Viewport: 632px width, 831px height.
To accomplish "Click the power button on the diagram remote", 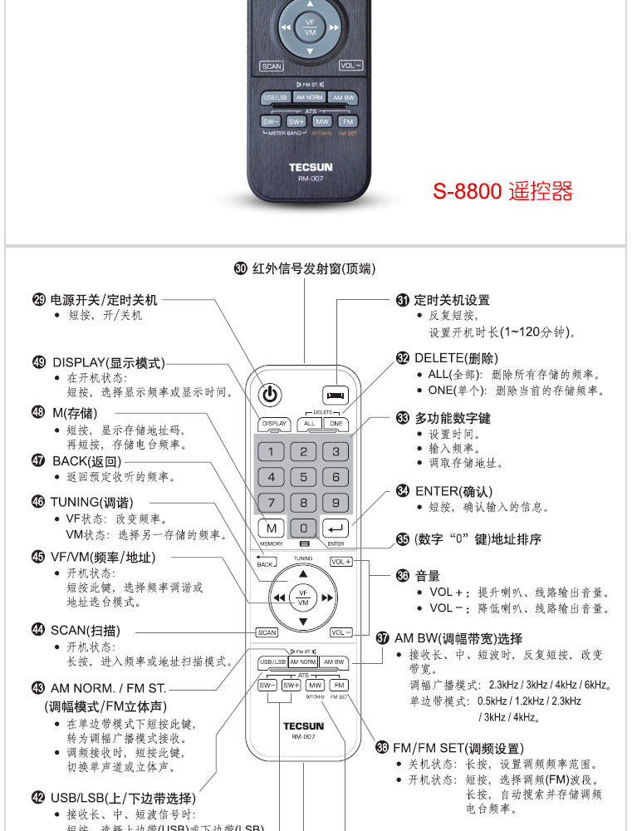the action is [272, 395].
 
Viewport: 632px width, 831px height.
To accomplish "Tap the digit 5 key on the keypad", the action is [303, 477].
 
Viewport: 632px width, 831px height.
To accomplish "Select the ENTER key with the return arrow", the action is [336, 528].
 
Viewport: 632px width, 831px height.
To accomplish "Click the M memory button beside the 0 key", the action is [271, 528].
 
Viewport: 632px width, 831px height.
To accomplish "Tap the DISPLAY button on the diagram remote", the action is [274, 424].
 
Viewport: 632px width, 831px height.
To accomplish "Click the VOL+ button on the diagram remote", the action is [340, 562].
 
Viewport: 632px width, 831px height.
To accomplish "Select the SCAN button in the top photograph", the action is [272, 66].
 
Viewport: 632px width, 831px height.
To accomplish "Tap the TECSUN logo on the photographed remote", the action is [311, 167].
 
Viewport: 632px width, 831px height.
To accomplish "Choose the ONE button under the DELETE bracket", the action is [336, 424].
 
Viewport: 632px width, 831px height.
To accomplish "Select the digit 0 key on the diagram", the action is [304, 528].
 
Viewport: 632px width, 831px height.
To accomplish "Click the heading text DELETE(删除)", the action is [456, 358].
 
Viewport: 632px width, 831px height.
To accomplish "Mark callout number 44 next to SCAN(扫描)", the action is [37, 630].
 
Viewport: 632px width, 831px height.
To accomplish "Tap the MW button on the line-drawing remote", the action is [315, 686].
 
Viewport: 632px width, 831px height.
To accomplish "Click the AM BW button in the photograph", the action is [343, 97].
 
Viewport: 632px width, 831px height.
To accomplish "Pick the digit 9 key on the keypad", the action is [336, 502].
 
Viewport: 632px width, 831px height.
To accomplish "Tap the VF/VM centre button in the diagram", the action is [303, 597].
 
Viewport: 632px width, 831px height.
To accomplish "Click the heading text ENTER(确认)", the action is [453, 491].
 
